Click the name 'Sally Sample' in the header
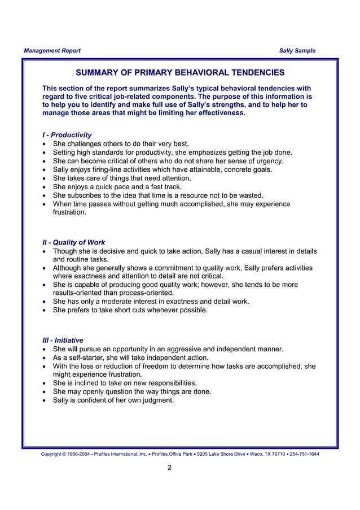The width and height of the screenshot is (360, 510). tap(297, 51)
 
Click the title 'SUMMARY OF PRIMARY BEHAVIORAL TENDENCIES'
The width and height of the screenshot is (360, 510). tap(180, 73)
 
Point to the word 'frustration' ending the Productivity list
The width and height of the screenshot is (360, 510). tap(70, 213)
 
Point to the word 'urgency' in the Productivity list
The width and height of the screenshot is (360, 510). tap(270, 161)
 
